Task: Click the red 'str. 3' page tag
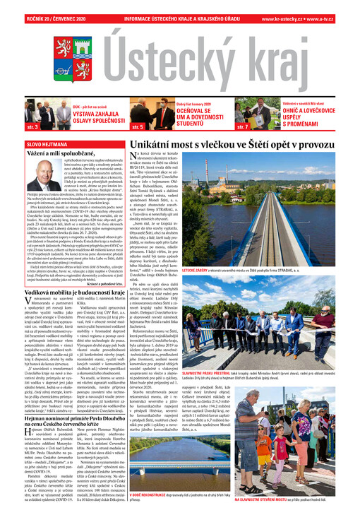[x=32, y=127]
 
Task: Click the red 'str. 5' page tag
[x=138, y=127]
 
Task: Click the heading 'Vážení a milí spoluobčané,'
[x=61, y=154]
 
